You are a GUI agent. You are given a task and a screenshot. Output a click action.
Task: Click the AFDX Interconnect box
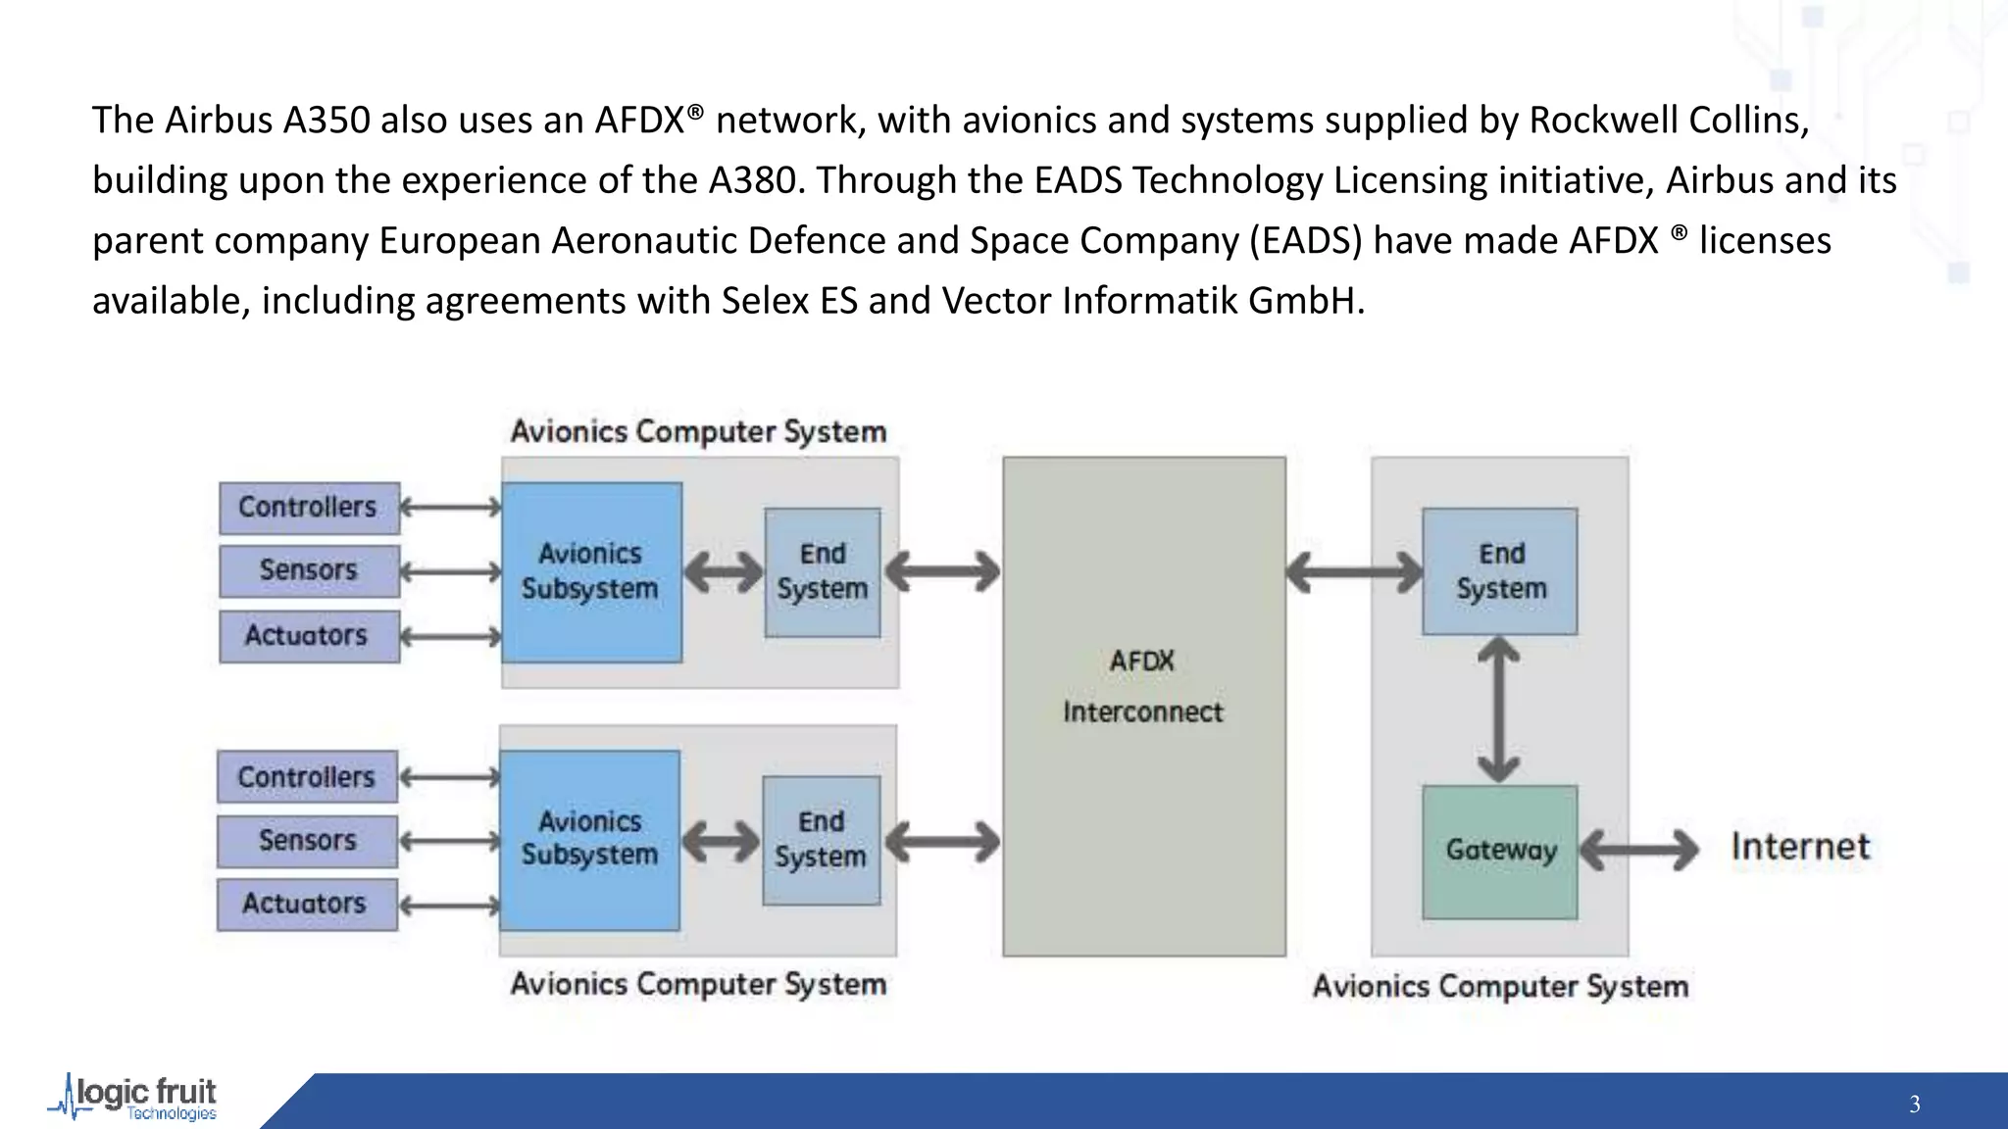1143,706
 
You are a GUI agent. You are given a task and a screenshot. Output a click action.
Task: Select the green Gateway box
1499,851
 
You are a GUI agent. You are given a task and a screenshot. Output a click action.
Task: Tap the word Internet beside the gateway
1799,847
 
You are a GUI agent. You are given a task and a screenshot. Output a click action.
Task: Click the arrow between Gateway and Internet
1638,850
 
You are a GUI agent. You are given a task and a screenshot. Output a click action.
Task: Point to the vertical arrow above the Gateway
1498,709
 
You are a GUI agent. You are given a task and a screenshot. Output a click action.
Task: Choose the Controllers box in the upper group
309,508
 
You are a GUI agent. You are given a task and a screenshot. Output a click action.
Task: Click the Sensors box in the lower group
307,841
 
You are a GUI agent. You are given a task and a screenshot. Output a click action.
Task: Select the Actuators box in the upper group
309,636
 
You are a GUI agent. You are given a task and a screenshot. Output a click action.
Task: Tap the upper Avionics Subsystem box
591,571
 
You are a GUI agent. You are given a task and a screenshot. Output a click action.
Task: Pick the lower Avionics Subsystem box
589,840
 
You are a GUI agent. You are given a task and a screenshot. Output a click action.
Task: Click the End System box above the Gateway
1499,571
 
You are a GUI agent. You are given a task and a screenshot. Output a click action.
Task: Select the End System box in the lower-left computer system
821,840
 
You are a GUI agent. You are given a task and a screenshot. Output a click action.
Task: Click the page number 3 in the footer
1914,1104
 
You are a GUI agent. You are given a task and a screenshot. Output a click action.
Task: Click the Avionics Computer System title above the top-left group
698,431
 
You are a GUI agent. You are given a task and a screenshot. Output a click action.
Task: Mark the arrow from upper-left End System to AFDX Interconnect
942,571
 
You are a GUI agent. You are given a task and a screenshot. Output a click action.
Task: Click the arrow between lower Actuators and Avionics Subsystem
450,905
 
